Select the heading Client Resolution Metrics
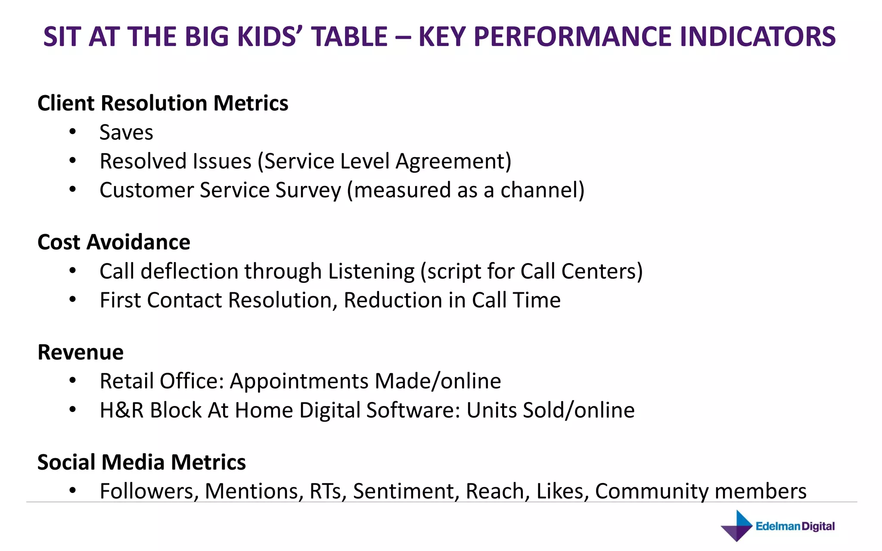point(163,103)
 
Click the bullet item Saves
point(126,132)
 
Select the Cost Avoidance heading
point(114,242)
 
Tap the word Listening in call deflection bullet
point(371,272)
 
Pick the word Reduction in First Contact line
point(393,300)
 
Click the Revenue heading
point(81,352)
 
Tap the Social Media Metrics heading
point(142,462)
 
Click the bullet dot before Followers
point(72,490)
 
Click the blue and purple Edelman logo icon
point(737,526)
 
